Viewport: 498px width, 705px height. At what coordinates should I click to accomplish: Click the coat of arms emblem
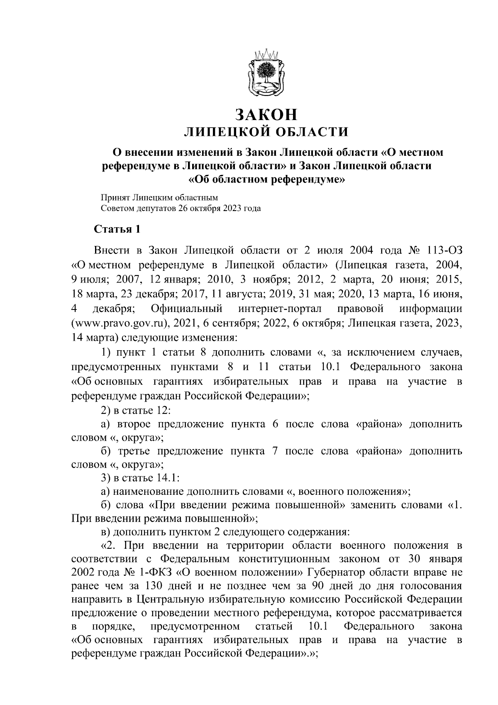click(x=266, y=73)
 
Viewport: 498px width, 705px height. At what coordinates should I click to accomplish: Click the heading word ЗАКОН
click(x=266, y=114)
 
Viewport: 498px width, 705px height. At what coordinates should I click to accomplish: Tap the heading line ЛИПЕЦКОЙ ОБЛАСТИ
click(x=266, y=133)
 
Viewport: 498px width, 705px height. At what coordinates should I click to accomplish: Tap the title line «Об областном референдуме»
click(x=266, y=179)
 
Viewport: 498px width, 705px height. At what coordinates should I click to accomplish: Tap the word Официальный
click(x=187, y=310)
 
